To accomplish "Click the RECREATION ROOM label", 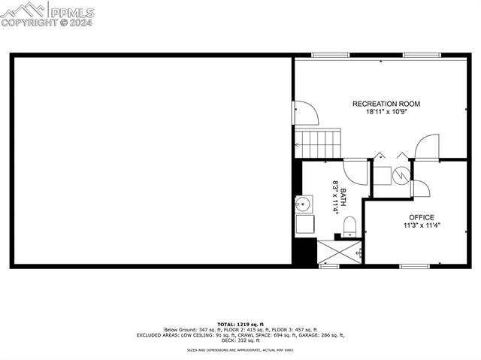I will pos(386,104).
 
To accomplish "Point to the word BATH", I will pos(343,198).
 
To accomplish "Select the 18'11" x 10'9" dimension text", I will pos(386,112).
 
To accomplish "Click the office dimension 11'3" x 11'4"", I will pos(422,225).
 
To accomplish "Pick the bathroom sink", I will pos(304,203).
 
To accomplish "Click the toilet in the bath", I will pos(349,225).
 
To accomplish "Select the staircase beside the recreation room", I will pos(317,141).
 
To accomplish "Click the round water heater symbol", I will pos(401,174).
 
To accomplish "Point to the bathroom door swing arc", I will pos(355,171).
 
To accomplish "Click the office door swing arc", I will pos(419,188).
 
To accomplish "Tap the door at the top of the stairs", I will pos(306,113).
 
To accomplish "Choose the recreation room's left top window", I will pos(330,55).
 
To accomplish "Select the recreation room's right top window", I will pos(421,55).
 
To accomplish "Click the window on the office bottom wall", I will pos(414,266).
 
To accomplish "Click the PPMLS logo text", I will pos(71,12).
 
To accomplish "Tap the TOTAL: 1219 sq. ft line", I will pos(240,323).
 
